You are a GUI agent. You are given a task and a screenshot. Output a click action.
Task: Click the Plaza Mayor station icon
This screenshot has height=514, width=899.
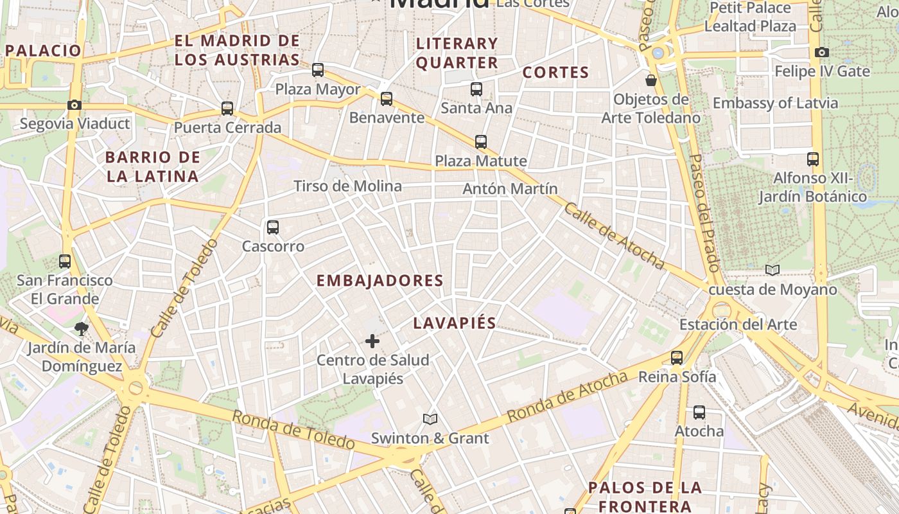click(318, 70)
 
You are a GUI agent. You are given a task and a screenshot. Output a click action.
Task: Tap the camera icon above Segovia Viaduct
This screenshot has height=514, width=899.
click(74, 105)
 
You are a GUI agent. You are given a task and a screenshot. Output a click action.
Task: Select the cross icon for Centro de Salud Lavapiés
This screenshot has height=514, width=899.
click(372, 341)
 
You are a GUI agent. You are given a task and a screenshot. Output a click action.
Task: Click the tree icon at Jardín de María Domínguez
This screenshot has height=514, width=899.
click(82, 329)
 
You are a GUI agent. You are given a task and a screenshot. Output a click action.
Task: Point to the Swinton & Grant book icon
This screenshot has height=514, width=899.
click(430, 420)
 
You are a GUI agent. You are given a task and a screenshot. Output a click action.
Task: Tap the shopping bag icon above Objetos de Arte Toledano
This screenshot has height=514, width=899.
click(651, 80)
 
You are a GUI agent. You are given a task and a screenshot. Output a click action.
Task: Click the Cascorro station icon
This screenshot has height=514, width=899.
click(273, 227)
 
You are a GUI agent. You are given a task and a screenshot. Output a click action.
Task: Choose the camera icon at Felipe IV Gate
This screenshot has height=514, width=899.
click(822, 52)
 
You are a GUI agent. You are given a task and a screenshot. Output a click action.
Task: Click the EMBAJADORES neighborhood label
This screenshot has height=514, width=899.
click(380, 281)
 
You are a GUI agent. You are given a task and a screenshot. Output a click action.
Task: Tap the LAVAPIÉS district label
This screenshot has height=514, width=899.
click(455, 323)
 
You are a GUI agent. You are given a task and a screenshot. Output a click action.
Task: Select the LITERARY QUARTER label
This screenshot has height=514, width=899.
click(457, 53)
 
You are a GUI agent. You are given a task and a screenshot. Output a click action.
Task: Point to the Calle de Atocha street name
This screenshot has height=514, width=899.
click(615, 236)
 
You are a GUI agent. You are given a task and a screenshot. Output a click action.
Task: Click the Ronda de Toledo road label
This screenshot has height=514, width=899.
click(293, 430)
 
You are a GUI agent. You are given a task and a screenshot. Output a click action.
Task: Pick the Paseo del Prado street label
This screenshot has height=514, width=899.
click(704, 211)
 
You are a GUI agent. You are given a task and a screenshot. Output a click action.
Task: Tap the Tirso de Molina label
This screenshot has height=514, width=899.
click(347, 186)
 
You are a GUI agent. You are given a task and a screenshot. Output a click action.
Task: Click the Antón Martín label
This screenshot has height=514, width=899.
click(510, 189)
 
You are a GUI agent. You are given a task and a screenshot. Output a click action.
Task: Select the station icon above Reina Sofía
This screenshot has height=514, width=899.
click(677, 358)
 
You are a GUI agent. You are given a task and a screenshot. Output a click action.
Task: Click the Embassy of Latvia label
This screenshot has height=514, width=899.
click(775, 103)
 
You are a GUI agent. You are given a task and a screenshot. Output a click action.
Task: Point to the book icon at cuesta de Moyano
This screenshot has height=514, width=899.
click(772, 270)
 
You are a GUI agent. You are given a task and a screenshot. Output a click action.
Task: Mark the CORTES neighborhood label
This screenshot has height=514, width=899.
click(555, 73)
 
